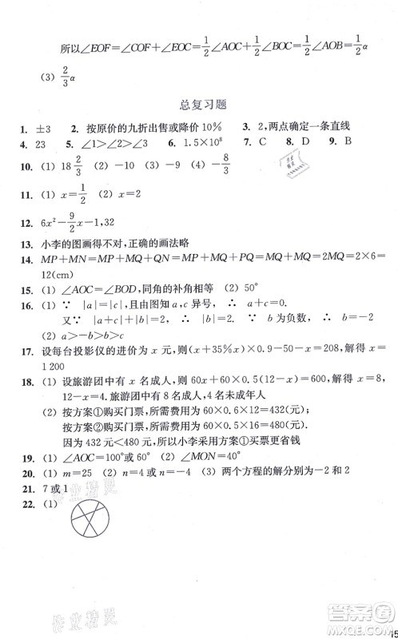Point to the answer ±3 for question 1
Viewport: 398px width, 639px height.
point(43,129)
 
